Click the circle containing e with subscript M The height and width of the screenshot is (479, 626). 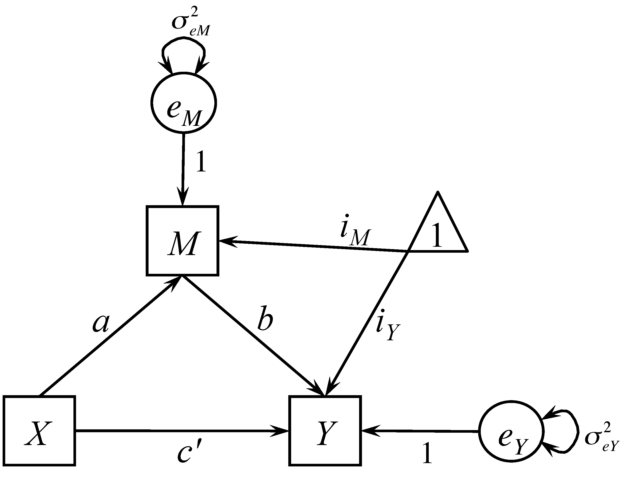pyautogui.click(x=183, y=102)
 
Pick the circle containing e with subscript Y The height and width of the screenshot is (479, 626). pyautogui.click(x=511, y=432)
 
